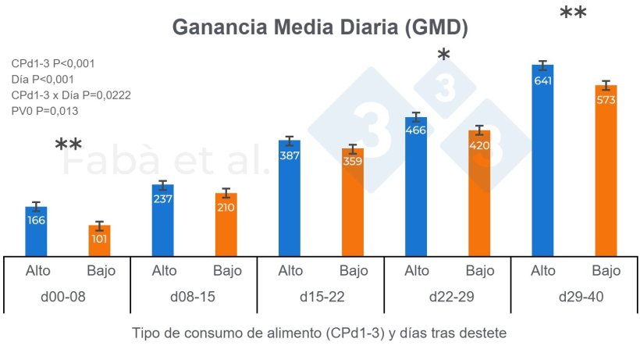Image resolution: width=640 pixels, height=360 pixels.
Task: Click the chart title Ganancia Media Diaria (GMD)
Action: tap(320, 27)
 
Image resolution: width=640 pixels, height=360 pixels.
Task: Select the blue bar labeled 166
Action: tap(36, 231)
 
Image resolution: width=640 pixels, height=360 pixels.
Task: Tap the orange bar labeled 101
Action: tap(99, 240)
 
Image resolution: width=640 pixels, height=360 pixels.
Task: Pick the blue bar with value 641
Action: tap(542, 160)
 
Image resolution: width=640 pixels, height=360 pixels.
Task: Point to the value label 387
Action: tap(290, 156)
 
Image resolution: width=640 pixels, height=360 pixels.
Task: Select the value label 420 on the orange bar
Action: tap(479, 145)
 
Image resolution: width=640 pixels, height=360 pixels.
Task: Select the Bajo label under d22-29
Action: tap(479, 271)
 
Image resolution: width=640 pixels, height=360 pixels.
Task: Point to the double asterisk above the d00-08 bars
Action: tap(68, 146)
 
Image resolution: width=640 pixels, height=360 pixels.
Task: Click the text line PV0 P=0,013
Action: tap(44, 111)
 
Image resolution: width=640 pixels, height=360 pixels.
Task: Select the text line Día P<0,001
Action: tap(43, 79)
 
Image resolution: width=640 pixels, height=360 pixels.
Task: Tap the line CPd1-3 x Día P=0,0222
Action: tap(70, 94)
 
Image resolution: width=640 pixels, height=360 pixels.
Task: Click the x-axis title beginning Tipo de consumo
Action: tap(320, 333)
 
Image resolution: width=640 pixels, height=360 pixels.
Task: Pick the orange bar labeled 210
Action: tap(226, 223)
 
